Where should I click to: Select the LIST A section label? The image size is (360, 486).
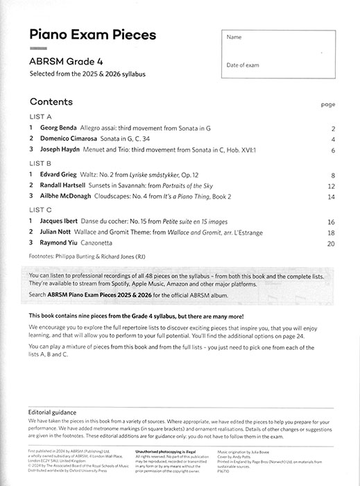40,116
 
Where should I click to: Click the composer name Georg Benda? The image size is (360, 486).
58,128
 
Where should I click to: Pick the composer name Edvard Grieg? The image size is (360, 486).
59,175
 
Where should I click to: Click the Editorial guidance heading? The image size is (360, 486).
58,411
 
